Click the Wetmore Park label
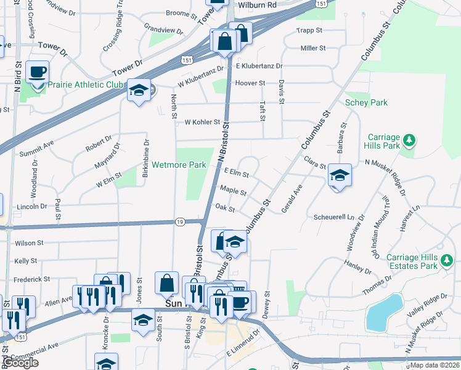[179, 165]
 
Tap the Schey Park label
[366, 102]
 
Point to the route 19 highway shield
[179, 221]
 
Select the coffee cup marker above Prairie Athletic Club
[38, 71]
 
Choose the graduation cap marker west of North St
[139, 91]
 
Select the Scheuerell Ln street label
[335, 218]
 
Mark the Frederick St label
[32, 279]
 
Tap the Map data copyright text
[434, 365]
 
